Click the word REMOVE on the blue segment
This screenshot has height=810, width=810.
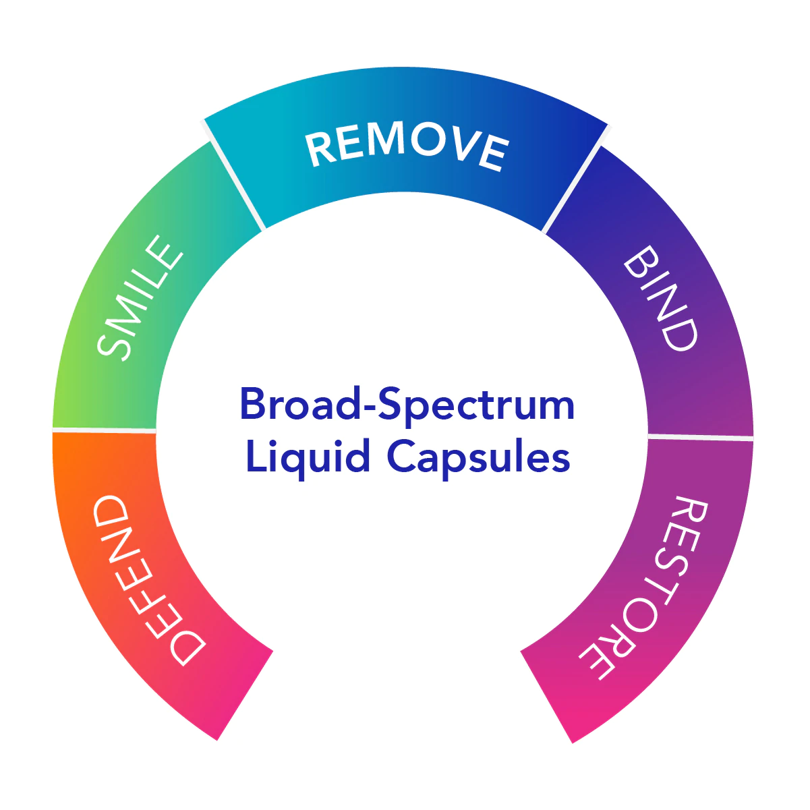pyautogui.click(x=407, y=146)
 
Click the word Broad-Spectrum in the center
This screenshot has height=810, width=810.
pyautogui.click(x=407, y=405)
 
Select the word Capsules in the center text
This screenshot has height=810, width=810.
pyautogui.click(x=479, y=458)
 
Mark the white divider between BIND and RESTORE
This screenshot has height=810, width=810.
pyautogui.click(x=700, y=437)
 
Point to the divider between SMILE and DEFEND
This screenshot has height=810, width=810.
pyautogui.click(x=105, y=430)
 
